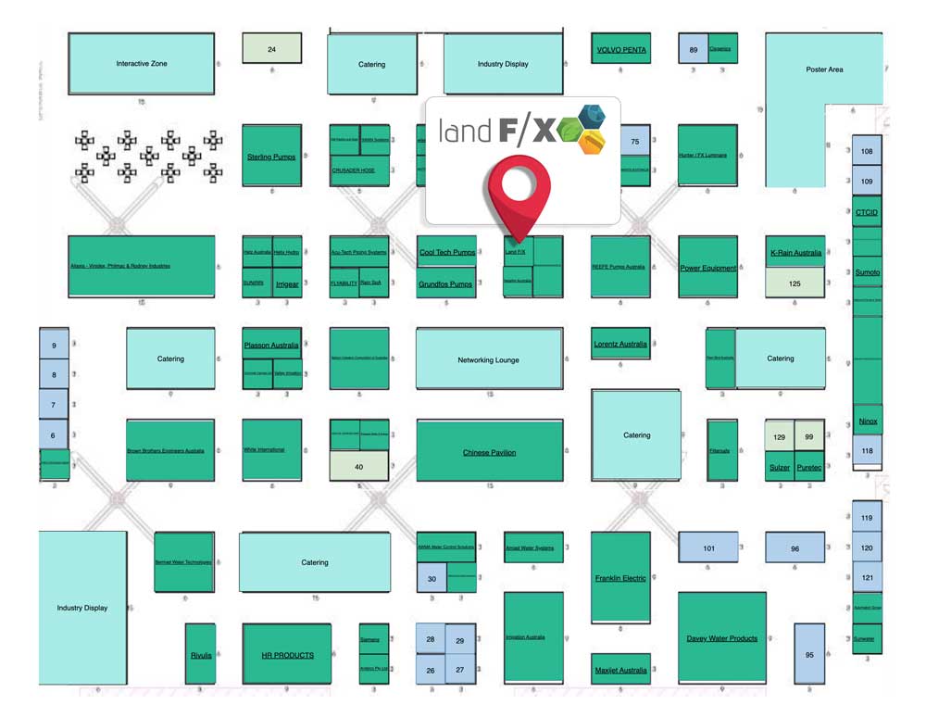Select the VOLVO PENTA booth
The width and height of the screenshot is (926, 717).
pyautogui.click(x=621, y=50)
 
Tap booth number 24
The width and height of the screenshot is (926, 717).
pyautogui.click(x=271, y=49)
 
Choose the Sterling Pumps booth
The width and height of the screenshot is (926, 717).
pyautogui.click(x=271, y=157)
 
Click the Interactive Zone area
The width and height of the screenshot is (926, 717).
pyautogui.click(x=142, y=64)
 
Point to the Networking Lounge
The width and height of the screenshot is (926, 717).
pyautogui.click(x=489, y=359)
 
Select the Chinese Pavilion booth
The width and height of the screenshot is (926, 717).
pyautogui.click(x=489, y=452)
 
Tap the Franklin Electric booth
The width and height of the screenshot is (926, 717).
pyautogui.click(x=620, y=577)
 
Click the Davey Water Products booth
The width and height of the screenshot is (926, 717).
pyautogui.click(x=722, y=638)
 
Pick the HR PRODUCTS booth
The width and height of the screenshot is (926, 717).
pyautogui.click(x=287, y=655)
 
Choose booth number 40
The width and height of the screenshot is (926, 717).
pyautogui.click(x=359, y=467)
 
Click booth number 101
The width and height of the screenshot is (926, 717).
pyautogui.click(x=708, y=548)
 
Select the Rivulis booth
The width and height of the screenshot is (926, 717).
pyautogui.click(x=201, y=654)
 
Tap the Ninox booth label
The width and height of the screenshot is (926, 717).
pyautogui.click(x=868, y=421)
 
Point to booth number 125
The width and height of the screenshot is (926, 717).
pyautogui.click(x=795, y=283)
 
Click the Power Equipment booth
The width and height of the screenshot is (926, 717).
pyautogui.click(x=707, y=268)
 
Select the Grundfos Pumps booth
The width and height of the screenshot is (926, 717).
pyautogui.click(x=445, y=283)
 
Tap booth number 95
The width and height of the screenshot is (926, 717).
pyautogui.click(x=809, y=654)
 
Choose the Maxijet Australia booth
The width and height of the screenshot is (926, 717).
pyautogui.click(x=620, y=670)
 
